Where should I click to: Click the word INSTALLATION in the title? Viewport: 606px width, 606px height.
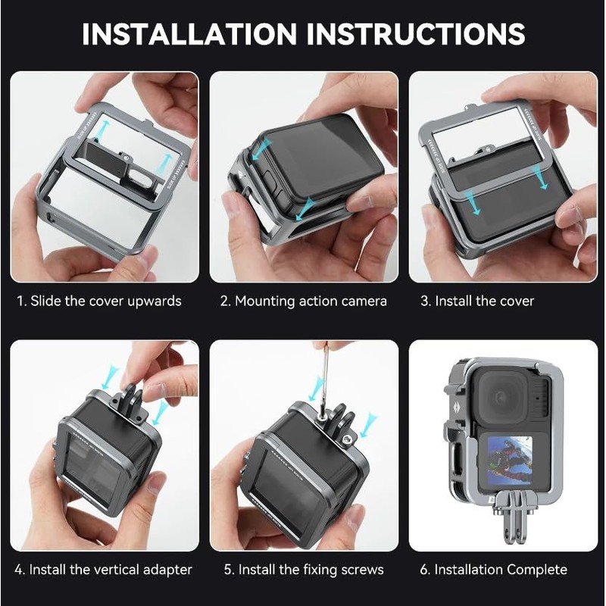(189, 35)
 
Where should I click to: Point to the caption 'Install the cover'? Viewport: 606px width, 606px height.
(477, 301)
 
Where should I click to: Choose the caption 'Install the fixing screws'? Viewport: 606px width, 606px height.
(302, 570)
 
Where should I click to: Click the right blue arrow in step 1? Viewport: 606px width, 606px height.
(164, 162)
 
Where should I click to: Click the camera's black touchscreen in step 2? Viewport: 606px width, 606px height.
(318, 159)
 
